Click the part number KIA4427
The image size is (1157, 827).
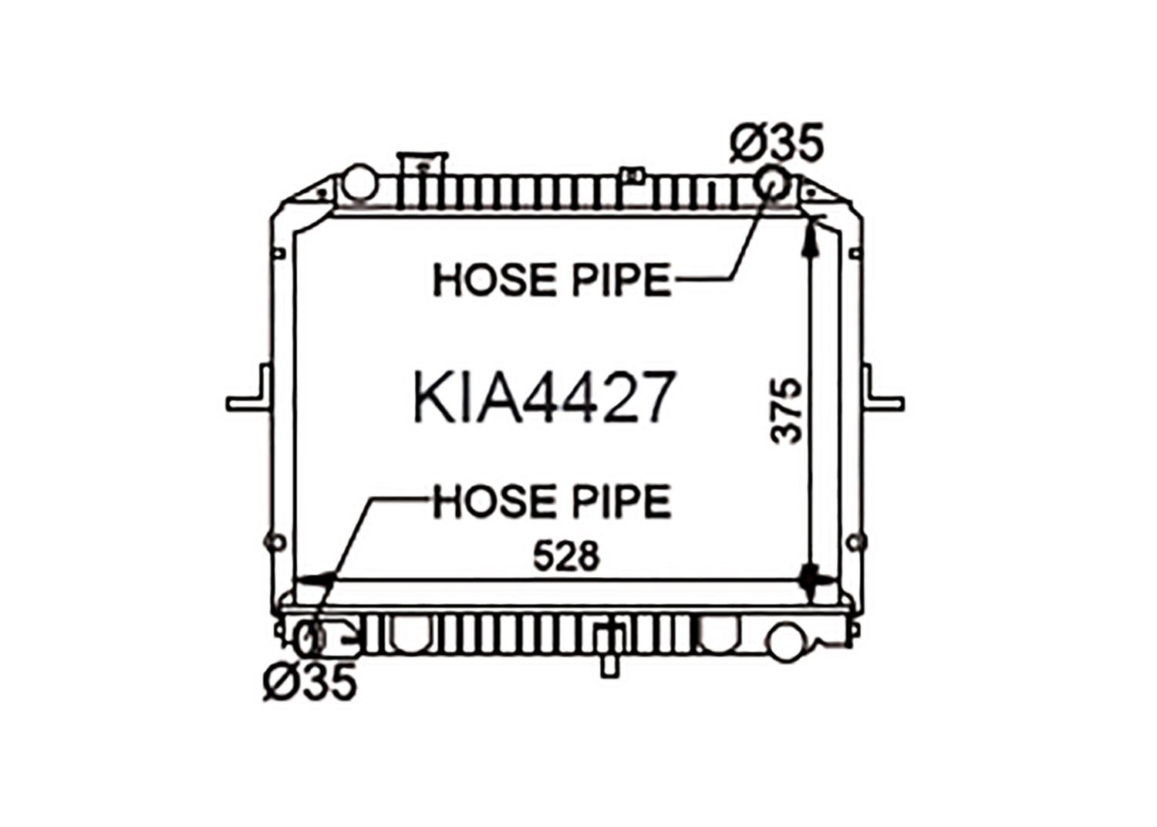pyautogui.click(x=545, y=397)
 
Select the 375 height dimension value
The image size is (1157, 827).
pyautogui.click(x=787, y=411)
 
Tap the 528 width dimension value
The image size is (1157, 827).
pyautogui.click(x=567, y=555)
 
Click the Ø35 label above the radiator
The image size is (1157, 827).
pyautogui.click(x=776, y=143)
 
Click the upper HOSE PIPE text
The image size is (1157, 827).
pyautogui.click(x=552, y=279)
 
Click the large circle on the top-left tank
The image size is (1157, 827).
pyautogui.click(x=360, y=182)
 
